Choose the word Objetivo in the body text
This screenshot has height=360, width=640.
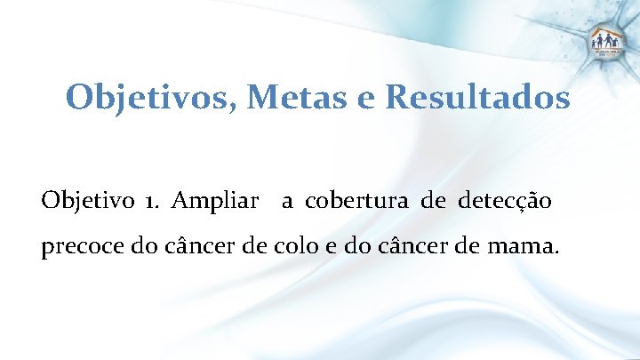[x=84, y=201]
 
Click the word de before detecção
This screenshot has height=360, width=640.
[x=434, y=201]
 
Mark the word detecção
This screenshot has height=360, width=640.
[x=505, y=202]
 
